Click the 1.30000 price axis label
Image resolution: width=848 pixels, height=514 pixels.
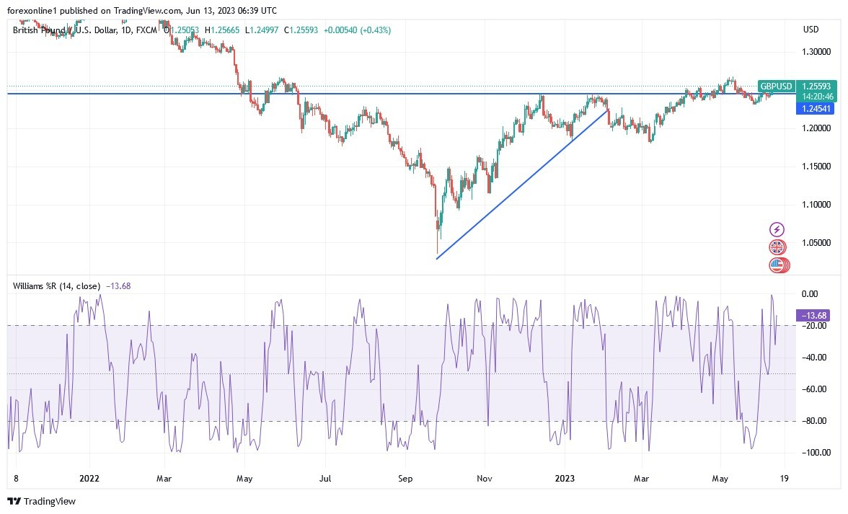click(816, 53)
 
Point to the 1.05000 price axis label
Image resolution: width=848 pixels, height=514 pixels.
click(816, 243)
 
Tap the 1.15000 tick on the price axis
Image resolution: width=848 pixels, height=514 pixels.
click(816, 167)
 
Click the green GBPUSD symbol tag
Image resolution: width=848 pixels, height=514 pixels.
click(777, 87)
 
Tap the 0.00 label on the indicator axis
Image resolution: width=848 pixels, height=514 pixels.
click(811, 294)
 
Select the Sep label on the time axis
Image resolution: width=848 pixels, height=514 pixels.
click(405, 477)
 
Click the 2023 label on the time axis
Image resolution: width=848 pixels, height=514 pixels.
click(564, 477)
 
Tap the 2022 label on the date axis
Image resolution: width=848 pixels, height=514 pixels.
click(89, 477)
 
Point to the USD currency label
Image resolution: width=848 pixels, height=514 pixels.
click(811, 30)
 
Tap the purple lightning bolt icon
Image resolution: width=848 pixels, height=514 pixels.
click(777, 230)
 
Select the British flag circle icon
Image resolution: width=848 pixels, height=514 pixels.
click(777, 247)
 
